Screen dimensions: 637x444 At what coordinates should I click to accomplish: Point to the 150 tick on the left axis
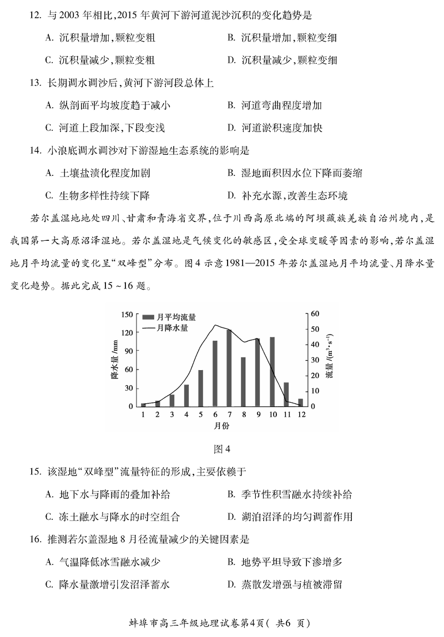click(x=126, y=314)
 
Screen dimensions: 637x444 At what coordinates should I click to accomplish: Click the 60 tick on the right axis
click(x=315, y=314)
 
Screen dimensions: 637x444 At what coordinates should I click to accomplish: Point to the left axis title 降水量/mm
click(x=114, y=361)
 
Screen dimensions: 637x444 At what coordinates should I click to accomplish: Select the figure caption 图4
click(x=221, y=449)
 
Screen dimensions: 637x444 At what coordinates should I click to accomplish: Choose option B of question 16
click(x=285, y=562)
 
